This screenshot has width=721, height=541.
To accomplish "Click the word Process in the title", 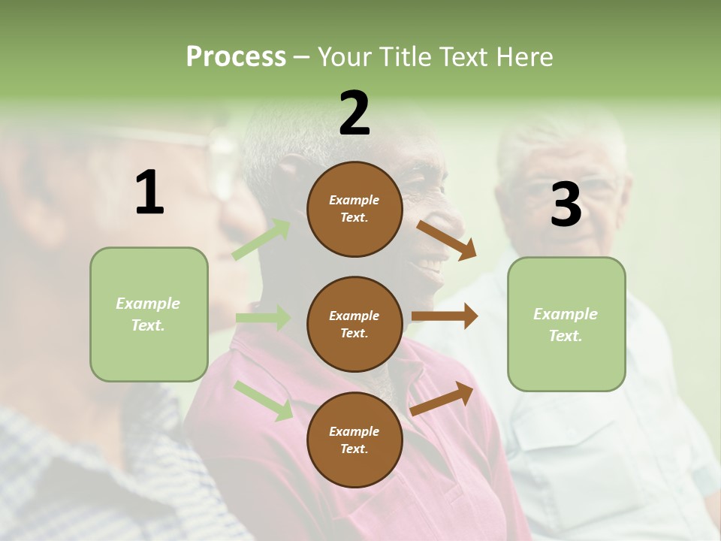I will (236, 56).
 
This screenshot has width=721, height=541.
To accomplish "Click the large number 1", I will (149, 193).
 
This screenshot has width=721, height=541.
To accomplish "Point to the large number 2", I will (354, 113).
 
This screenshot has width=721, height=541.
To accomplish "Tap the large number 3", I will (566, 205).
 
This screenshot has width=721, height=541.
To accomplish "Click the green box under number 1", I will (149, 314).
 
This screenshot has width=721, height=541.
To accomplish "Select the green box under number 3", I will (566, 324).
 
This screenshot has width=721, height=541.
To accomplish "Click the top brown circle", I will (354, 209).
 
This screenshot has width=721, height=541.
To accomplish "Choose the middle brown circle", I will (354, 324).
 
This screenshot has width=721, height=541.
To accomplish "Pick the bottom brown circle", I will (354, 440).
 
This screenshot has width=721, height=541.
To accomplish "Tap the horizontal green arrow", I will (263, 318).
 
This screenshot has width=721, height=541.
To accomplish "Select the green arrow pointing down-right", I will (264, 400).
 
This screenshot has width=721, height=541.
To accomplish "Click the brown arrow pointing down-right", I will (446, 240).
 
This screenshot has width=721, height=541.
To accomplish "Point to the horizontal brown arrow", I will (445, 316).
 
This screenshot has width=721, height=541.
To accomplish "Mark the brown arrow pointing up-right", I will (442, 399).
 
